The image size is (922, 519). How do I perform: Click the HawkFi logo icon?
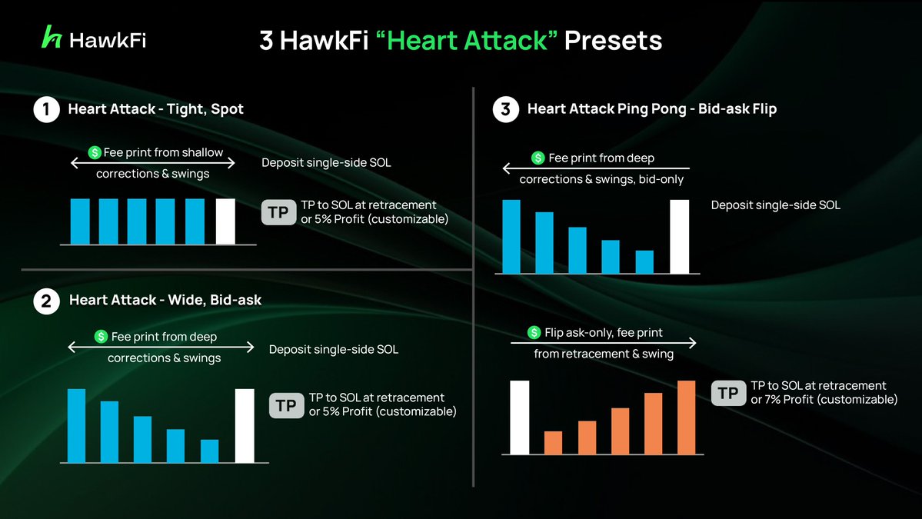point(52,38)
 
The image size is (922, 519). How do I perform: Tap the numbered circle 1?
point(46,110)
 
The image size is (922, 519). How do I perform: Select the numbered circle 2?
point(46,301)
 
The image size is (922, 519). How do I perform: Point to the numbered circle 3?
point(505,110)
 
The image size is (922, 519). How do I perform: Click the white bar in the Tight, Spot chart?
point(225,221)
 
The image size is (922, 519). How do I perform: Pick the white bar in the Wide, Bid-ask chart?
point(245,425)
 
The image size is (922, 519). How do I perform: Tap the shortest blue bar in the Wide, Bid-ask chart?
point(209,451)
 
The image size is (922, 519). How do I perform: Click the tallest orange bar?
point(686,417)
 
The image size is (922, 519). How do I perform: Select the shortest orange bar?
point(553,442)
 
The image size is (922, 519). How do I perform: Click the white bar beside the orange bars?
point(520,417)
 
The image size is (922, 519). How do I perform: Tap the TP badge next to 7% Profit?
point(727,393)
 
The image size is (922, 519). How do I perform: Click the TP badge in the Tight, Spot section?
point(278,212)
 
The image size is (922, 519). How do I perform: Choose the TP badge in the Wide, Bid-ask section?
point(286,405)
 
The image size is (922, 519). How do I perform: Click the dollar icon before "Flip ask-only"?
point(534,333)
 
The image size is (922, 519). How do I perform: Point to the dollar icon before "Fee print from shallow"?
point(95,153)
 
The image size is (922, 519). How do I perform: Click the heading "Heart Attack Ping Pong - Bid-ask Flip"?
point(651,109)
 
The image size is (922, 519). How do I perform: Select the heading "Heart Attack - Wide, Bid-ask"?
point(165,301)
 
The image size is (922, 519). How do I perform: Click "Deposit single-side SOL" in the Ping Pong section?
point(775,205)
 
